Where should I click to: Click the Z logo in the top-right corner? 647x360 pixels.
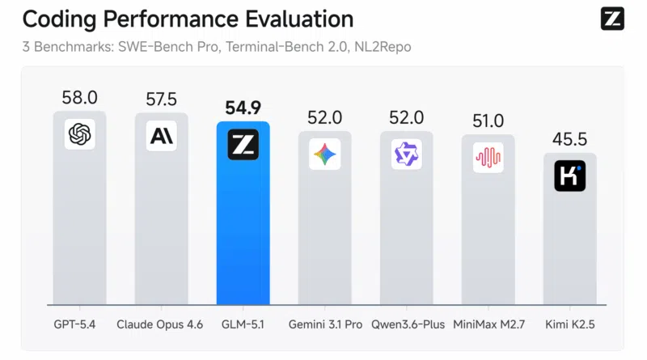[x=612, y=19]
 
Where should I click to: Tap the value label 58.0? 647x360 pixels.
[x=79, y=99]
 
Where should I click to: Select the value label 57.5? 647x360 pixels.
[x=161, y=100]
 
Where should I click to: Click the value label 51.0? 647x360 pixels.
[x=488, y=121]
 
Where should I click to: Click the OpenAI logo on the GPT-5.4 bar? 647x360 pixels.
[x=79, y=134]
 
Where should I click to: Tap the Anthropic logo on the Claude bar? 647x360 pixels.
[x=161, y=135]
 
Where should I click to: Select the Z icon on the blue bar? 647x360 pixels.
[x=243, y=145]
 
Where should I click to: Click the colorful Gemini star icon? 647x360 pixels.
[x=325, y=155]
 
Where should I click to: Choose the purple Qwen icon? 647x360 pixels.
[x=406, y=155]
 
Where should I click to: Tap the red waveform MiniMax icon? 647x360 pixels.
[x=488, y=158]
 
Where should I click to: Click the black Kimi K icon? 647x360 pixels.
[x=569, y=176]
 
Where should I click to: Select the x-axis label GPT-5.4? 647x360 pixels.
[x=79, y=324]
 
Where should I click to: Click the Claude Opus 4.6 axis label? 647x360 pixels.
[x=161, y=324]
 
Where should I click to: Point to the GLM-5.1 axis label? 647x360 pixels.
[x=243, y=324]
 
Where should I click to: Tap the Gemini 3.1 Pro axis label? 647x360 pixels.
[x=325, y=324]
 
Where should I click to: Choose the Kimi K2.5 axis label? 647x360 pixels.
[x=569, y=324]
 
